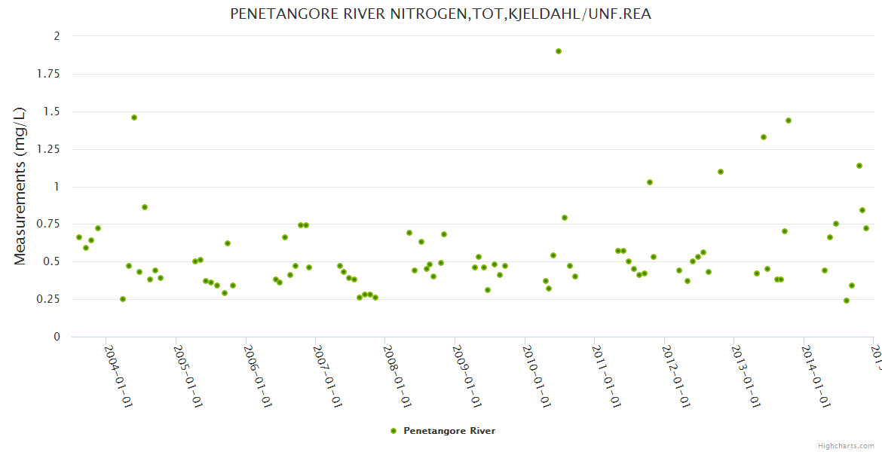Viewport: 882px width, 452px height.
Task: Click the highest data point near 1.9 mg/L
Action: click(559, 51)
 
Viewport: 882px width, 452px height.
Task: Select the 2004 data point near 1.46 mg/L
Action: click(134, 118)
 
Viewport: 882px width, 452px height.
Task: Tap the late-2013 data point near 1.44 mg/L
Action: click(789, 121)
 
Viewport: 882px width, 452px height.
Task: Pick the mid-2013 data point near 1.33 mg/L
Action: click(764, 137)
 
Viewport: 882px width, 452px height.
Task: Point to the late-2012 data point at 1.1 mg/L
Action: click(721, 172)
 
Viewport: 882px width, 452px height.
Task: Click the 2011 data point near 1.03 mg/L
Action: click(650, 182)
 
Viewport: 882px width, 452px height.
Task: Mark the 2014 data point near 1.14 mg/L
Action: click(859, 166)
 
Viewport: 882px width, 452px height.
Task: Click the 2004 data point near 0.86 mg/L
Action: click(145, 207)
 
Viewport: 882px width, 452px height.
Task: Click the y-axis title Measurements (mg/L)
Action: click(20, 186)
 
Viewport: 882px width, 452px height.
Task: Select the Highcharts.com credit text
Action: click(847, 445)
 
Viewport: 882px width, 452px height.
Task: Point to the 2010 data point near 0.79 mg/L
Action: click(565, 218)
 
